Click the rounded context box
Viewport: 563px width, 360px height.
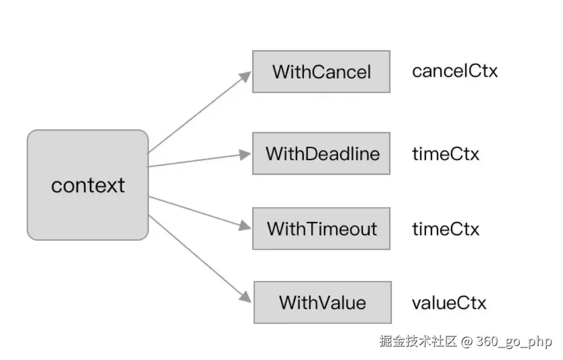(87, 185)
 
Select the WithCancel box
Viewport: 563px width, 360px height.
(322, 71)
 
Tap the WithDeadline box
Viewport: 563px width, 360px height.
(322, 153)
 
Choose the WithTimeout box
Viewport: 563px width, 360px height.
(322, 228)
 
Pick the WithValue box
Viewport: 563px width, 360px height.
(323, 302)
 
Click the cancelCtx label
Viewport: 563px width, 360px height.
(455, 71)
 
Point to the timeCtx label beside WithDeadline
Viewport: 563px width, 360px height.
(445, 153)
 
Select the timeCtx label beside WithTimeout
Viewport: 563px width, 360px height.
(445, 228)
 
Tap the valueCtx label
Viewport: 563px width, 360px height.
(449, 303)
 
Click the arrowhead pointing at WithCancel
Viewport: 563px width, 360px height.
(246, 76)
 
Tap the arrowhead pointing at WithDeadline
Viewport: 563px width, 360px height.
(246, 155)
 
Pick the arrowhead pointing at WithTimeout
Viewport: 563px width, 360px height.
(245, 226)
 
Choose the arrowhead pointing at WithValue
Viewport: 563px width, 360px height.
(246, 297)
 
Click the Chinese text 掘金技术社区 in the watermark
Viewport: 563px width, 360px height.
(418, 341)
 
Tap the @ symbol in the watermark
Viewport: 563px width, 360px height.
(466, 341)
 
